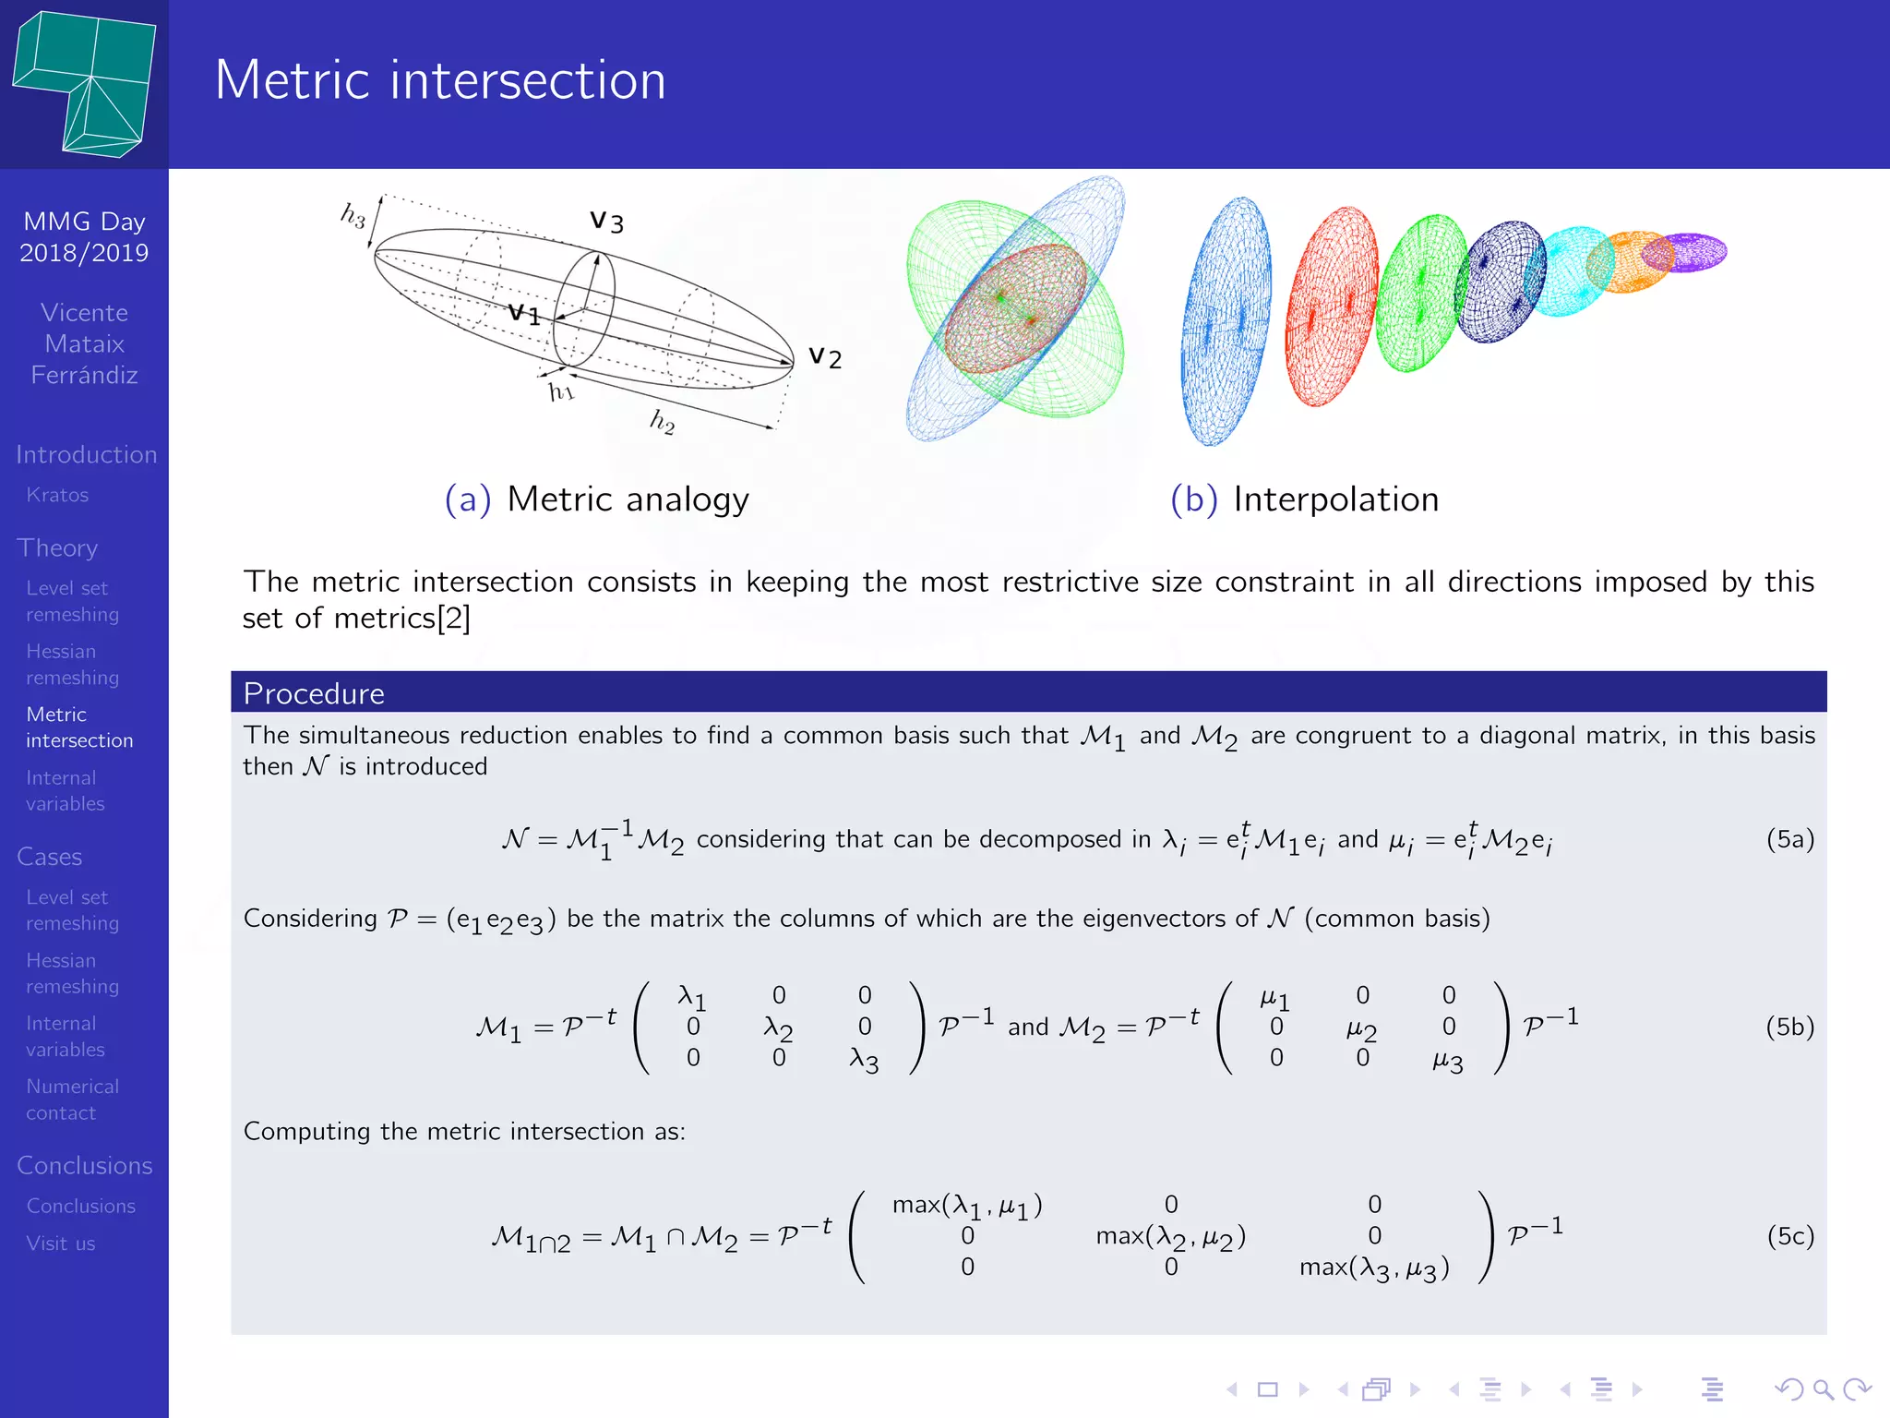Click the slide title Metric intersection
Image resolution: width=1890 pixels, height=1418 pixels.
pos(440,80)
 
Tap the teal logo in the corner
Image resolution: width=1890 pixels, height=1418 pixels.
pos(85,83)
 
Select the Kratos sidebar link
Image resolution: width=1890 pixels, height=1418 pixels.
pos(57,495)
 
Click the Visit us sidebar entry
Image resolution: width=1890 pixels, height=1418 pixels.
pos(61,1244)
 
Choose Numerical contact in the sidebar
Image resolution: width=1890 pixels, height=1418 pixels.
pos(72,1100)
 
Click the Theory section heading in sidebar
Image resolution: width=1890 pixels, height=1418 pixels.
pos(57,547)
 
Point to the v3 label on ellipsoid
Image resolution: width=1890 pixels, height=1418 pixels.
pos(607,222)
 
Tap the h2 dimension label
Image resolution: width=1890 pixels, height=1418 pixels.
pos(663,422)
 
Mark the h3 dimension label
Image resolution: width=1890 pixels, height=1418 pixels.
pos(353,216)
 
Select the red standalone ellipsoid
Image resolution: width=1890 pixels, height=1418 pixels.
pos(1331,306)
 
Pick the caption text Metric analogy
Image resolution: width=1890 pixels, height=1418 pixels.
pos(628,499)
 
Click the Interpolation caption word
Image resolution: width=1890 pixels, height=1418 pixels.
pos(1335,499)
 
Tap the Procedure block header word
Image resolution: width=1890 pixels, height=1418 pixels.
pos(314,693)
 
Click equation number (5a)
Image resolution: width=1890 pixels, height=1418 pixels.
pos(1789,839)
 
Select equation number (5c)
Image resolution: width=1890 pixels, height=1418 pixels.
pos(1789,1236)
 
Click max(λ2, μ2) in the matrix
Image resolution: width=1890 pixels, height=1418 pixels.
pos(1170,1236)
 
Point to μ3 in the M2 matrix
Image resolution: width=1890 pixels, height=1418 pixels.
pos(1448,1061)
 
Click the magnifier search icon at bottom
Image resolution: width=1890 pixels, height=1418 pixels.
pos(1824,1388)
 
